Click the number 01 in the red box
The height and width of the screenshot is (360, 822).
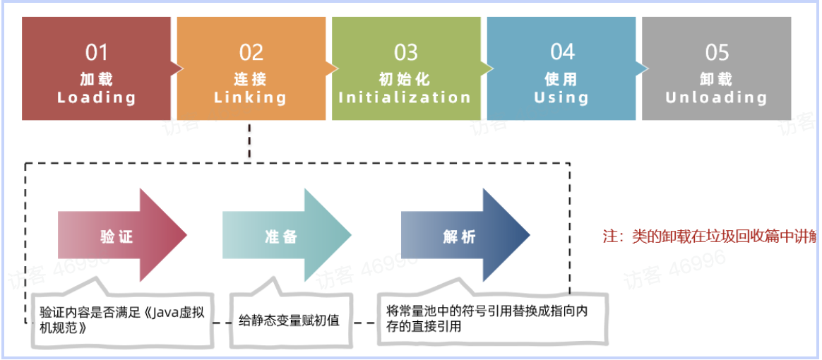pos(97,53)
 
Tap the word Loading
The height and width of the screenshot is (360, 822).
pos(97,97)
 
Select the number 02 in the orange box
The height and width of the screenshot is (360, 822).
pos(251,53)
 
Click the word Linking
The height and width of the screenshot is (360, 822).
pos(251,97)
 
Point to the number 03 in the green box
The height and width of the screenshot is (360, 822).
pos(406,53)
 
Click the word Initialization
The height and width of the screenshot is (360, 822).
pos(405,97)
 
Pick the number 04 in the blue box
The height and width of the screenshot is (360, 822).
pos(562,52)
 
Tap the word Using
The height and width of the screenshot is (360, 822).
pos(561,97)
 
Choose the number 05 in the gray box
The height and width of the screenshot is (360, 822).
pos(717,53)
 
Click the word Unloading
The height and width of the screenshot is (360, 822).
pos(716,97)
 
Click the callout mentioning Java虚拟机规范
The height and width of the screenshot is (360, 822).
pos(122,319)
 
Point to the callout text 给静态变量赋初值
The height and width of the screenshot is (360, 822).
pos(289,320)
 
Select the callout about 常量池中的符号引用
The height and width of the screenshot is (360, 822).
pos(487,318)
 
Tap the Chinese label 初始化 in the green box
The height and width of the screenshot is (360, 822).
pos(405,78)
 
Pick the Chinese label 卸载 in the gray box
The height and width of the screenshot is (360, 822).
pos(716,78)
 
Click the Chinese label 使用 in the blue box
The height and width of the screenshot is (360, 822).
pos(561,78)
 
